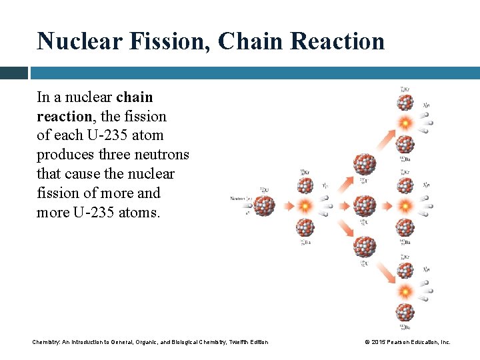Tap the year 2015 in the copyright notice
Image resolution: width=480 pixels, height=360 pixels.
[377, 342]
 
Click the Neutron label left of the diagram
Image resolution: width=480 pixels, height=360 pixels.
[239, 198]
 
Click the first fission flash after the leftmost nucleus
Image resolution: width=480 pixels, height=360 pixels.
[305, 205]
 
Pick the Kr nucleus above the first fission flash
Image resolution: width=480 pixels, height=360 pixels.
[305, 183]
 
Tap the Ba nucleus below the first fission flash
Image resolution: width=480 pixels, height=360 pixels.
[305, 227]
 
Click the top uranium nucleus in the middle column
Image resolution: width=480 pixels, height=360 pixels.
[365, 164]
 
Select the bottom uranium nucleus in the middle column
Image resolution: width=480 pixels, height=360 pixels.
[365, 247]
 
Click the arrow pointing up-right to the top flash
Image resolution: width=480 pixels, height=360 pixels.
[386, 139]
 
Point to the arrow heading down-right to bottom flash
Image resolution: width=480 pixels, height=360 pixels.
[386, 271]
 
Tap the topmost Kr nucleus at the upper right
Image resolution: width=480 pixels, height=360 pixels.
[405, 102]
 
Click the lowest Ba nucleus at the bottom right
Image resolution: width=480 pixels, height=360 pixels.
[405, 311]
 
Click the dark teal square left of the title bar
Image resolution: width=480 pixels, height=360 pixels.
[13, 73]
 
